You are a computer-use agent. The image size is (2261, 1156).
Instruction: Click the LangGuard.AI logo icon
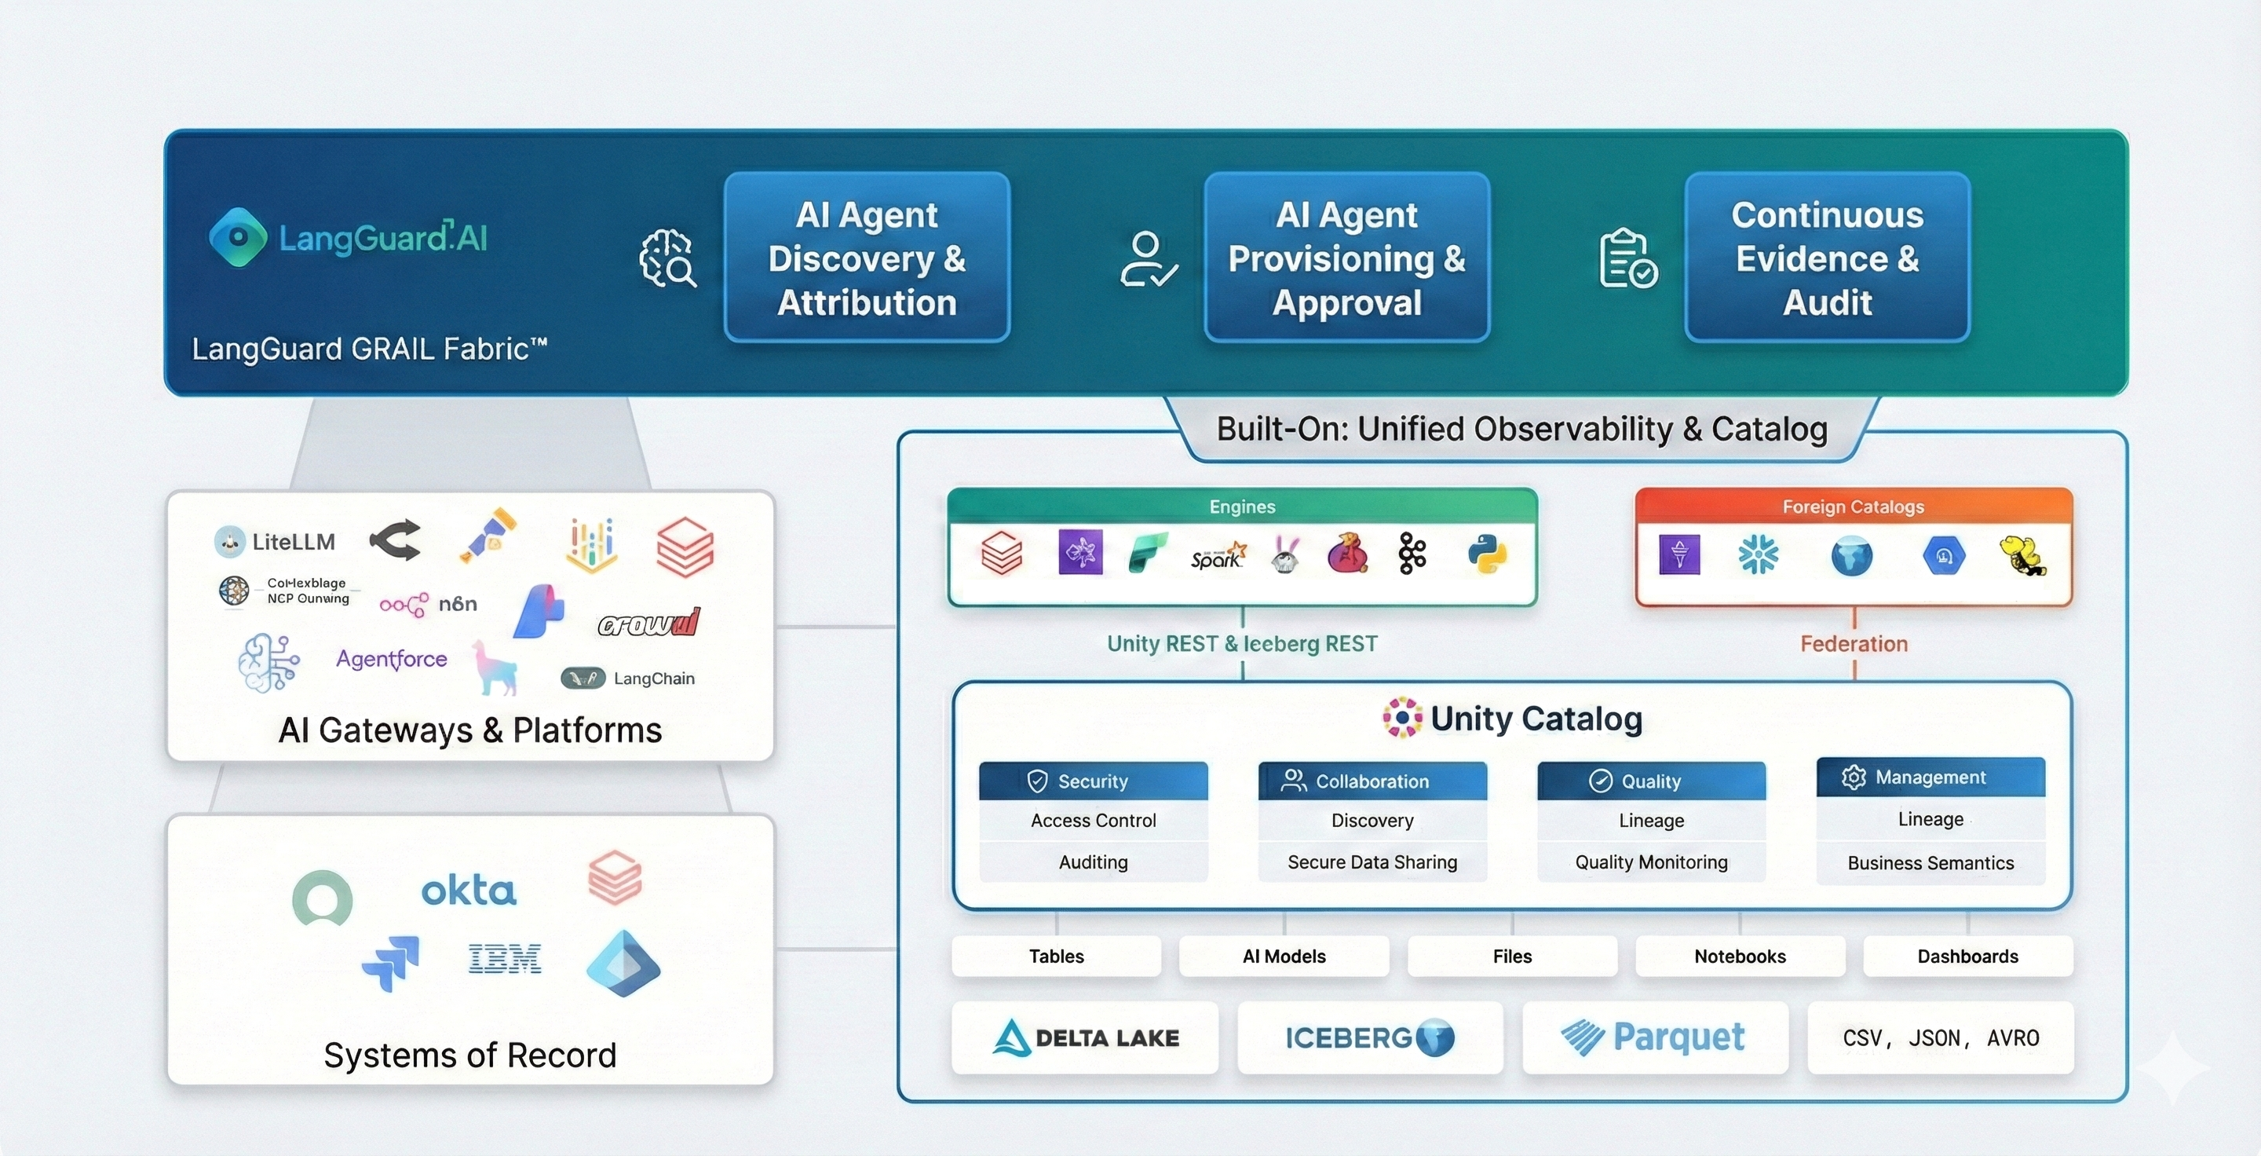click(x=238, y=237)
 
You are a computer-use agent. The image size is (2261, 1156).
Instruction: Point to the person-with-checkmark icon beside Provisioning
click(x=1147, y=259)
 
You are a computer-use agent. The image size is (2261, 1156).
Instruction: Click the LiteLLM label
click(x=292, y=542)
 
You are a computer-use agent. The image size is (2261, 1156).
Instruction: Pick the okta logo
click(x=468, y=891)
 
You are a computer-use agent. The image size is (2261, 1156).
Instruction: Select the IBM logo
click(x=504, y=959)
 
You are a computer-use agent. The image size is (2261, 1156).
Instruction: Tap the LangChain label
click(x=653, y=679)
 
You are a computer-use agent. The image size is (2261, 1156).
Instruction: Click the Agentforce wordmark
click(x=392, y=658)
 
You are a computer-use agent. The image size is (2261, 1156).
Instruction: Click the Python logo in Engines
click(x=1487, y=554)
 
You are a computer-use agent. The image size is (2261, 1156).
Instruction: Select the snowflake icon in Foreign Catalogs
click(x=1758, y=554)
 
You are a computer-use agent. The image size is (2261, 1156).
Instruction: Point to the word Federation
click(x=1854, y=643)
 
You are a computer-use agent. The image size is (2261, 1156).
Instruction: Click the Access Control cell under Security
click(x=1093, y=820)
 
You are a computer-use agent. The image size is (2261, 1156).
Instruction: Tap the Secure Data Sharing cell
click(x=1372, y=862)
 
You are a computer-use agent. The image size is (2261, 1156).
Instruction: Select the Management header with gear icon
click(x=1930, y=777)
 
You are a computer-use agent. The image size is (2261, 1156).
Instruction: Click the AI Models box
click(x=1284, y=956)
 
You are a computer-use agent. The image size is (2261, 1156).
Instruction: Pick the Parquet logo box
click(x=1654, y=1037)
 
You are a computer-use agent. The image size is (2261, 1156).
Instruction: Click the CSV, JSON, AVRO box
click(x=1940, y=1037)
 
